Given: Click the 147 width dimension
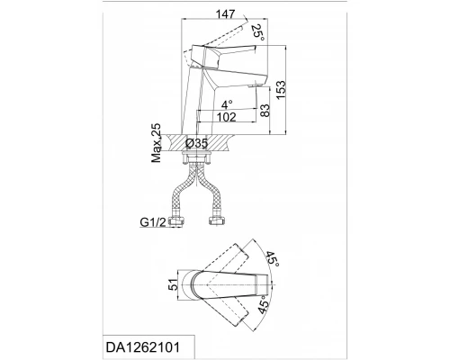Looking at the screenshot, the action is tap(226, 14).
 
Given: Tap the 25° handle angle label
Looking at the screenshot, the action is tap(258, 33).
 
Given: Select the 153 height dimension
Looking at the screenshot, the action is tap(281, 90).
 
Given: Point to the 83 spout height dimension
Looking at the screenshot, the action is tap(265, 110).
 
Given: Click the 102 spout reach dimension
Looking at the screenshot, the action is tap(226, 117).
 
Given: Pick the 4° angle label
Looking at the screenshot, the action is tap(227, 104).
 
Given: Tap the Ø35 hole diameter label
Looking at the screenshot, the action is tap(196, 143).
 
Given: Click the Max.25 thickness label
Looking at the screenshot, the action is tap(157, 143).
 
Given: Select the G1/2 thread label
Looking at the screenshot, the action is tap(153, 222).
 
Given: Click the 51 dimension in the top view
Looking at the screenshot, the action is tap(173, 284).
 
